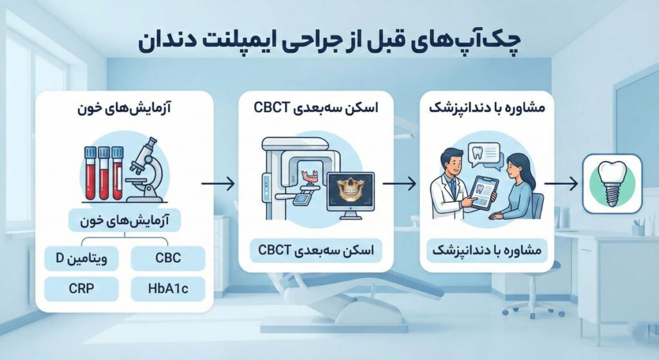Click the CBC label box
pos(167,259)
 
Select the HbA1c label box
pos(167,288)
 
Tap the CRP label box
pos(82,288)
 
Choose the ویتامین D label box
pos(82,259)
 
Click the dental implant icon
pos(613,182)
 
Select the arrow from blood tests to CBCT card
pos(217,184)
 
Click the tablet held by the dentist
pos(482,191)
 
